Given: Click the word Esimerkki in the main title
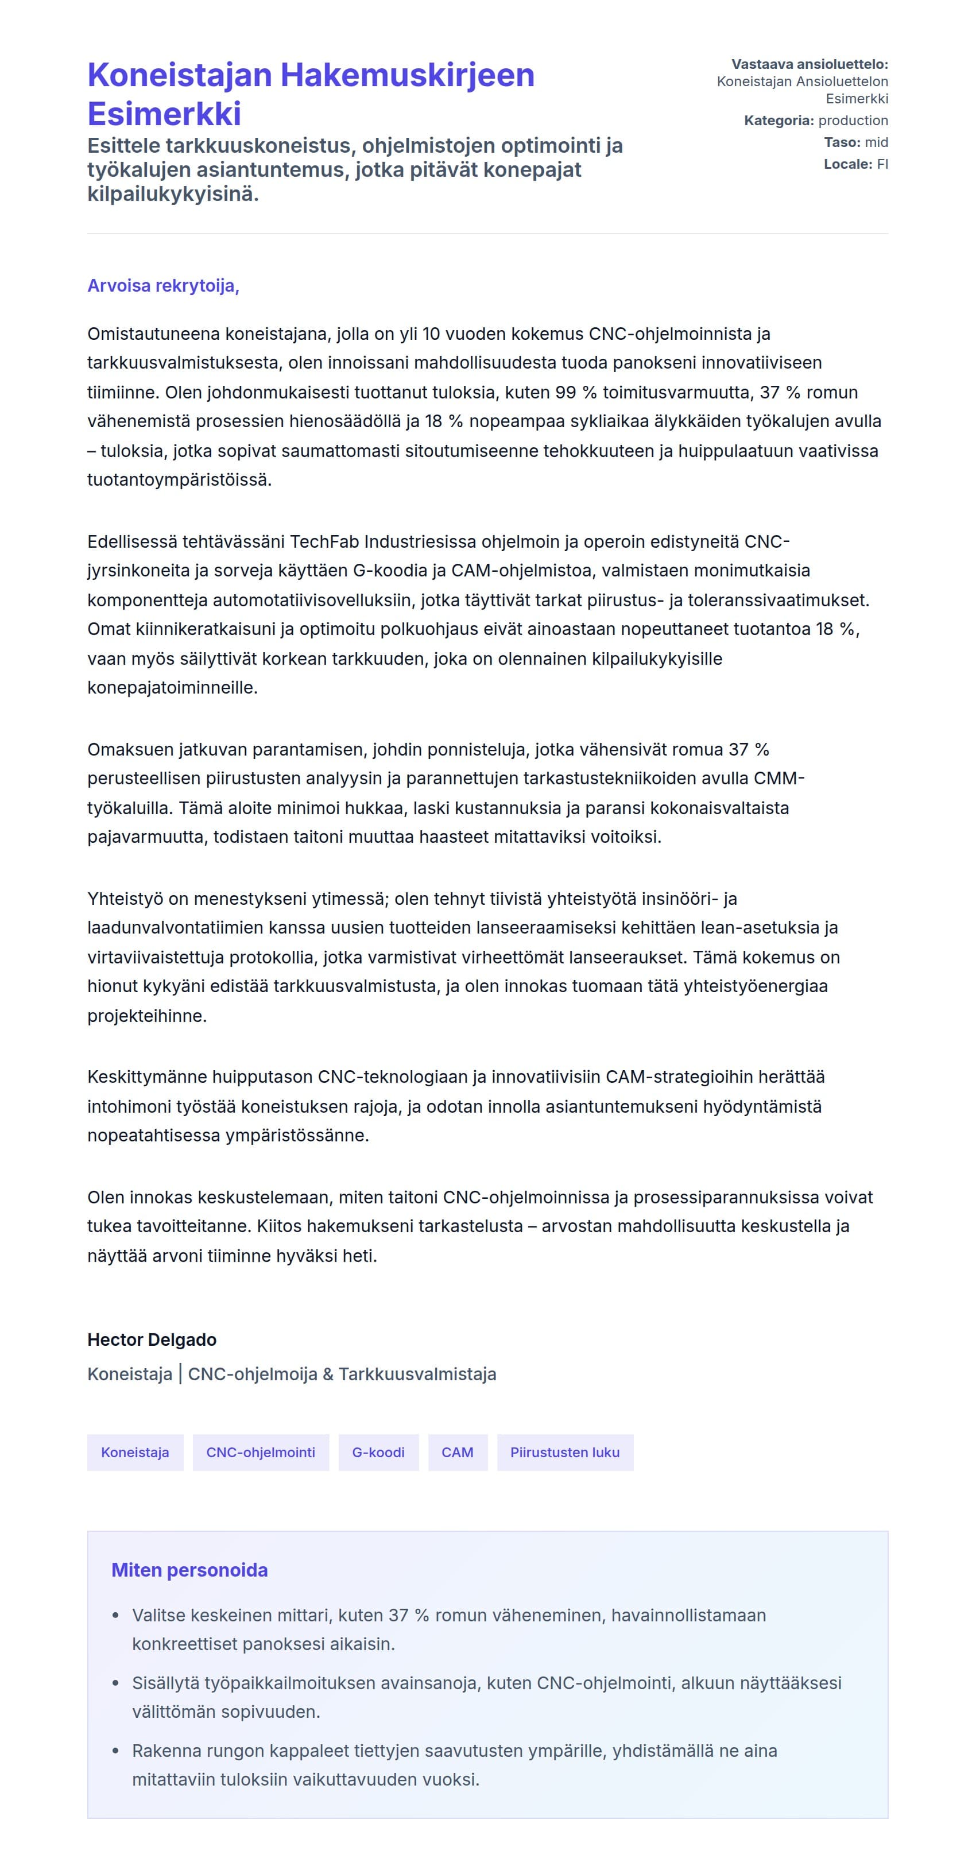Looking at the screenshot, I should click(164, 114).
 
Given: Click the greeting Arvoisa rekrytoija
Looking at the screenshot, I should click(163, 286).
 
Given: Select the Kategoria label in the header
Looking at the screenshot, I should click(777, 121).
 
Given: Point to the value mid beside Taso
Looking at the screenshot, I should click(876, 142).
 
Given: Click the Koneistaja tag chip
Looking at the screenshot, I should click(135, 1452).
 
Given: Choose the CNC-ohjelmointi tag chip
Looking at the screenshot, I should click(261, 1452).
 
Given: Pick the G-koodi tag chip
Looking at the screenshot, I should click(378, 1452).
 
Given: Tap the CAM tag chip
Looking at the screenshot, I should click(458, 1452).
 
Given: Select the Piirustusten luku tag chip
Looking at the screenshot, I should click(564, 1452).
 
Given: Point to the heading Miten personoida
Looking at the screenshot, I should click(189, 1570).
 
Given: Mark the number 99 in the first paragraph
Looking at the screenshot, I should click(565, 393).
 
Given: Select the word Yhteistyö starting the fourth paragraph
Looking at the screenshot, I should click(125, 899).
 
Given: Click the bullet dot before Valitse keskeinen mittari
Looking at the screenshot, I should click(115, 1616).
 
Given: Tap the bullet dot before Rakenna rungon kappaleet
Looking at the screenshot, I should click(115, 1751).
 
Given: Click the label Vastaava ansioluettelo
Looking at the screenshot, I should click(809, 65).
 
